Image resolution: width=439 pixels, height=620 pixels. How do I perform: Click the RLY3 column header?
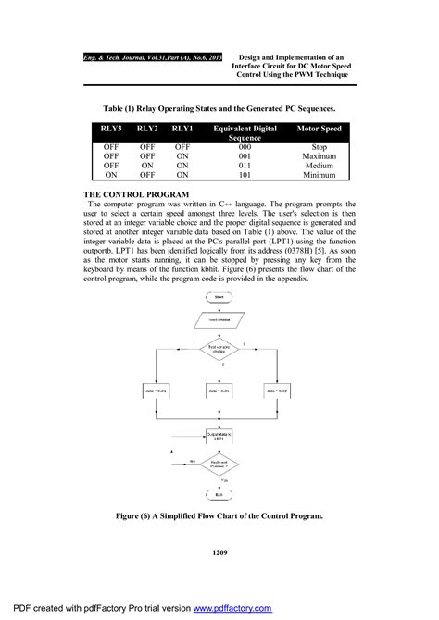point(111,129)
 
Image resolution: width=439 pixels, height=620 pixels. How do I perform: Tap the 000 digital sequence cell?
point(245,146)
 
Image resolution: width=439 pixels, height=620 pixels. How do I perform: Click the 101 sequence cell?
point(245,174)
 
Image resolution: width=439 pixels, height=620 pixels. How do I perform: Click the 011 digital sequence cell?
point(245,165)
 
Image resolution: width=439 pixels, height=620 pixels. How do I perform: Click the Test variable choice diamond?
point(220,350)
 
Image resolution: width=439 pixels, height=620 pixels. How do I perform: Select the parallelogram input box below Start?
point(219,321)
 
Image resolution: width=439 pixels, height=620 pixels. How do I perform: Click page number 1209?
point(219,552)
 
